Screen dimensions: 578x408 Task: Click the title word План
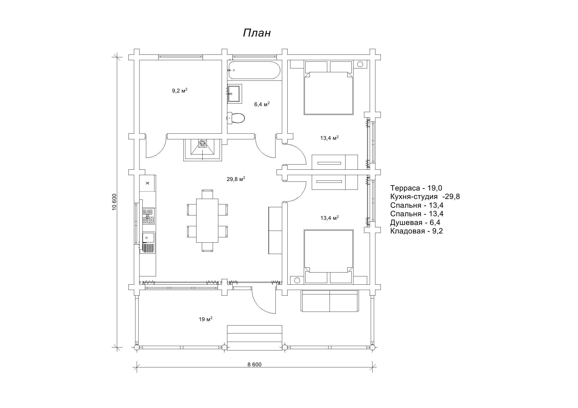[x=257, y=33]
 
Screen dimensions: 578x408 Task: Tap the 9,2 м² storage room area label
[x=180, y=90]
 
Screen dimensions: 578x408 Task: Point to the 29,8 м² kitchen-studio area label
[x=236, y=179]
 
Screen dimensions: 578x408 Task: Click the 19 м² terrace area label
[x=205, y=319]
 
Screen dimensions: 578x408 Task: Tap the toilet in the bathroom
[x=236, y=118]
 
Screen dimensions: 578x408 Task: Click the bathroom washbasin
[x=235, y=94]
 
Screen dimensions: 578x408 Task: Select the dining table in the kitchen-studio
[x=207, y=220]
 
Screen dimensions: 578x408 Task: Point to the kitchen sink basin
[x=148, y=237]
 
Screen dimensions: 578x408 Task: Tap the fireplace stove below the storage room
[x=203, y=150]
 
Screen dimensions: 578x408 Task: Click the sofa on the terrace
[x=330, y=301]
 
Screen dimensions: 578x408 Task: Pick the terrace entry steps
[x=254, y=338]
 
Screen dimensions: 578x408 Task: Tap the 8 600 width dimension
[x=254, y=364]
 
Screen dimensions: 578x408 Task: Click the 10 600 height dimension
[x=115, y=202]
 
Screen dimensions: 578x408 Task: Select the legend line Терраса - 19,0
[x=416, y=188]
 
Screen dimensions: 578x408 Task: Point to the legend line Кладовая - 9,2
[x=417, y=231]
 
